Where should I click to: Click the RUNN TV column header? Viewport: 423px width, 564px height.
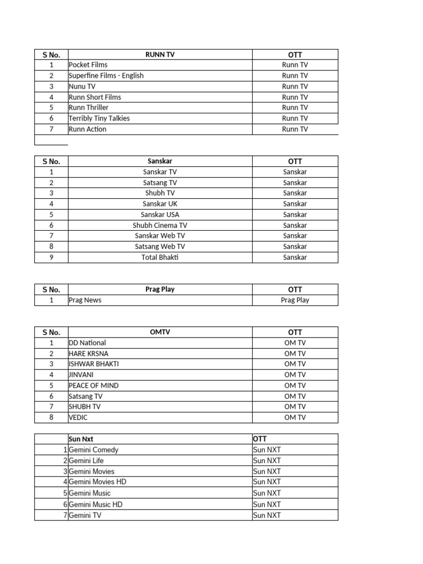[x=160, y=54]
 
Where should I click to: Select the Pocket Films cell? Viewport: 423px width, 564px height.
[x=88, y=65]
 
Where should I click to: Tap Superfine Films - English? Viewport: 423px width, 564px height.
[x=106, y=75]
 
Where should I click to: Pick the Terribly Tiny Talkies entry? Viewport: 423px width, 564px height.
[x=99, y=118]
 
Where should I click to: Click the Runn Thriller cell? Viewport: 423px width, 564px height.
[x=89, y=107]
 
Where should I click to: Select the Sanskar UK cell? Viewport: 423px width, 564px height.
[x=160, y=204]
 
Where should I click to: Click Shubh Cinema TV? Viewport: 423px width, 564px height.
[x=160, y=225]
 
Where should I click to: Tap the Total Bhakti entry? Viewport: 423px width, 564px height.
[x=160, y=257]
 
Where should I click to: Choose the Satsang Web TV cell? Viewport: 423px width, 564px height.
[x=160, y=247]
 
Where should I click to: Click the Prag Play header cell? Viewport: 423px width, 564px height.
[x=160, y=289]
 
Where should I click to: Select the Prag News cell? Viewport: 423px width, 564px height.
[x=85, y=300]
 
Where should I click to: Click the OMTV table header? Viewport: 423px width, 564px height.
[x=160, y=332]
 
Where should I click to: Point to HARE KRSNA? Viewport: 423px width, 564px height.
[x=88, y=354]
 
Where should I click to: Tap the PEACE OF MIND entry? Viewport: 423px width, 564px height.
[x=93, y=386]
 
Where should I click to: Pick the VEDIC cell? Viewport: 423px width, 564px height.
[x=78, y=417]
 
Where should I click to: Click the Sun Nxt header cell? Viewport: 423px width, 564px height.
[x=81, y=439]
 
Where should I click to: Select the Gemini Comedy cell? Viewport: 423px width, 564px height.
[x=93, y=450]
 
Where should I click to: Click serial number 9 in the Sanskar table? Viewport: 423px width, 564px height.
[x=51, y=257]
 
